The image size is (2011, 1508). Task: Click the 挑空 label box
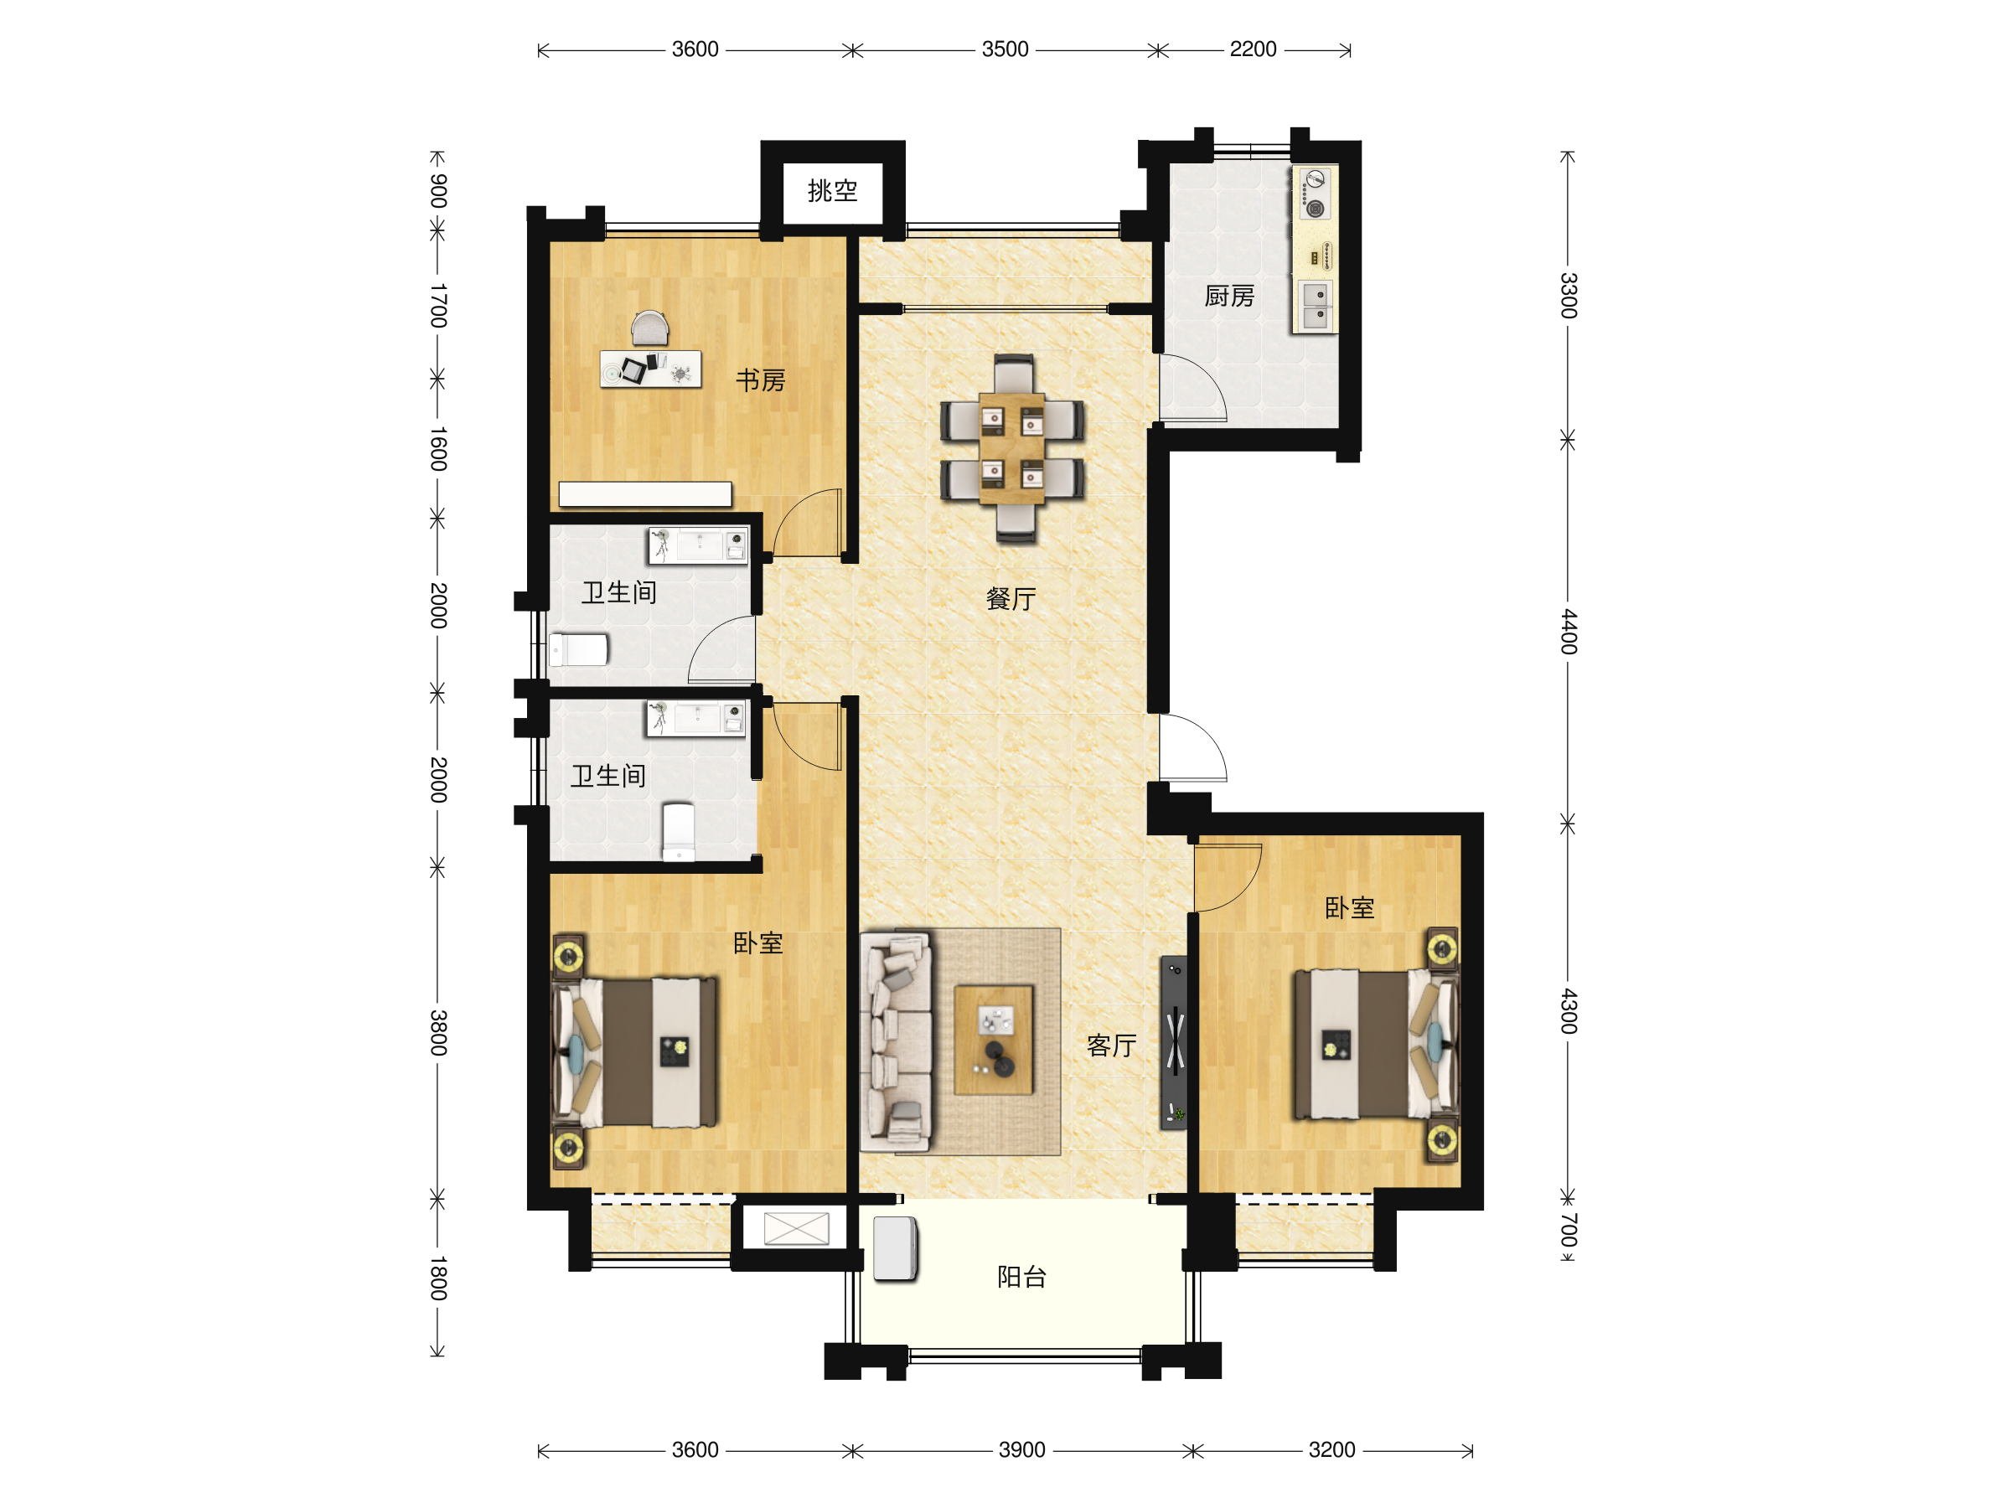pos(832,191)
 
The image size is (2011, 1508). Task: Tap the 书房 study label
pos(760,380)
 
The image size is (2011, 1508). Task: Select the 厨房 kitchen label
pos(1229,297)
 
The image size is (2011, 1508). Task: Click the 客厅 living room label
pos(1111,1046)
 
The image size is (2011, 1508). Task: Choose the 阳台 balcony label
pos(1022,1277)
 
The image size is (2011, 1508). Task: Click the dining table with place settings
pos(1012,448)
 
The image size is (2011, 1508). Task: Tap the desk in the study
pos(650,369)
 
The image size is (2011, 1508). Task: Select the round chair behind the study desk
pos(650,328)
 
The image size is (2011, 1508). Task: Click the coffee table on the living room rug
pos(994,1040)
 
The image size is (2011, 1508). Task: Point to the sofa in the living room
pos(896,1041)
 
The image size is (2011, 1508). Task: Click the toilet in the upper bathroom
pos(578,650)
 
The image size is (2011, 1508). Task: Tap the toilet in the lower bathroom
pos(678,831)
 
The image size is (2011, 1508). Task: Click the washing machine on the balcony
pos(896,1249)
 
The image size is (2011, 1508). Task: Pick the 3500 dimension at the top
pos(1005,49)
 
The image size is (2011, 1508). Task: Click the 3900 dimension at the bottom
pos(1022,1450)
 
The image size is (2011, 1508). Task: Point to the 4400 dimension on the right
pos(1569,632)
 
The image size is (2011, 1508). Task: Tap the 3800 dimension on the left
pos(438,1033)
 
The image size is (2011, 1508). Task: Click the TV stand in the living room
pos(1174,1042)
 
